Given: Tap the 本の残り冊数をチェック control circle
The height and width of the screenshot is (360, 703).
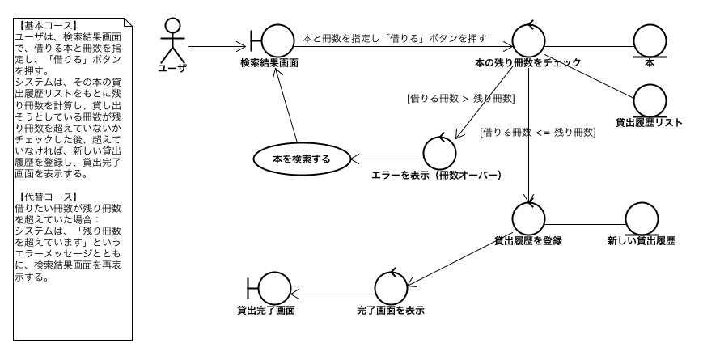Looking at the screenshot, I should click(528, 40).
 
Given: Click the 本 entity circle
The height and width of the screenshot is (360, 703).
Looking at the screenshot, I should click(649, 40).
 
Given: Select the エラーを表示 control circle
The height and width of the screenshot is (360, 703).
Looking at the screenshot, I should click(440, 151).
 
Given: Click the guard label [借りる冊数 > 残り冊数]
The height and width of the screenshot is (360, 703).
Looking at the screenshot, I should click(461, 99).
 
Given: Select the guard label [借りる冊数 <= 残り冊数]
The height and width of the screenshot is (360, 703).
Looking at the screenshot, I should click(537, 132).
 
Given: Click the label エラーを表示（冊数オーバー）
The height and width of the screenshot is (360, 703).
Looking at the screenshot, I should click(436, 175).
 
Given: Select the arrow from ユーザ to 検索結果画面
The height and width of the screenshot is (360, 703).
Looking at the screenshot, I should click(214, 47).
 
